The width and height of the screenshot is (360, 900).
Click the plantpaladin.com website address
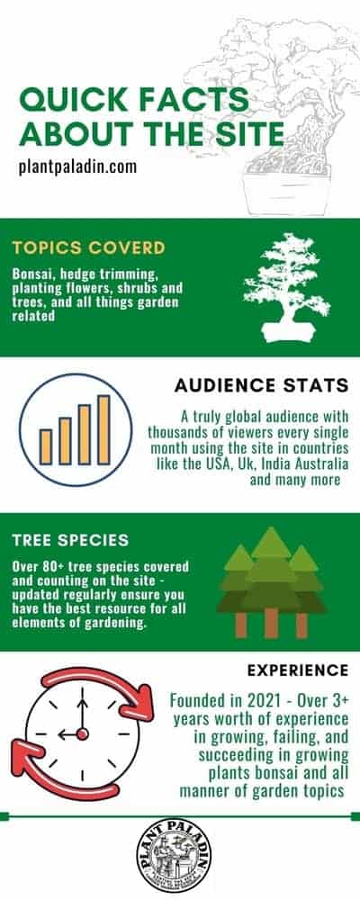point(77,167)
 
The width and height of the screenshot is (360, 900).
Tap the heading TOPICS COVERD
point(88,248)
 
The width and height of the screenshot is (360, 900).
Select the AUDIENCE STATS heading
point(261,386)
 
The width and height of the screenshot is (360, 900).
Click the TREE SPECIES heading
point(70,541)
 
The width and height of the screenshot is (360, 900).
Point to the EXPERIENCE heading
point(297,670)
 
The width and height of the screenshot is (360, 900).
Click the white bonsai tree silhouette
point(286,286)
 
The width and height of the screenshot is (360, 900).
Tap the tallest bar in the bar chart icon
point(103,430)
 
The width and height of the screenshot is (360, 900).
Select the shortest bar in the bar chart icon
point(45,447)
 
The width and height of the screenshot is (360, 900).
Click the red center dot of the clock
point(82,734)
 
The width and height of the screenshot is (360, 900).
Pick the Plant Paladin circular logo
point(174,856)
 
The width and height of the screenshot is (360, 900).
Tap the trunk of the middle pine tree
point(271,623)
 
